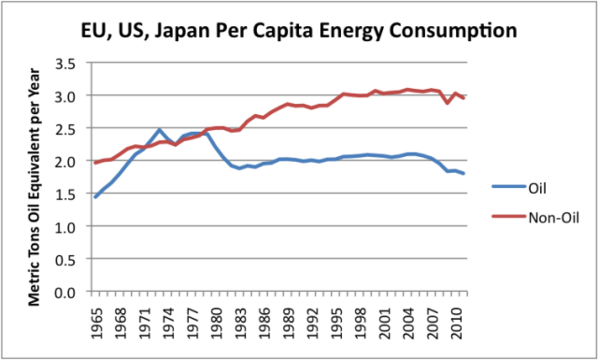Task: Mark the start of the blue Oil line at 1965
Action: coord(95,197)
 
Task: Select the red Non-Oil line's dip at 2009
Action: coord(448,103)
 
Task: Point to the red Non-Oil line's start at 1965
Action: coord(95,163)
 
